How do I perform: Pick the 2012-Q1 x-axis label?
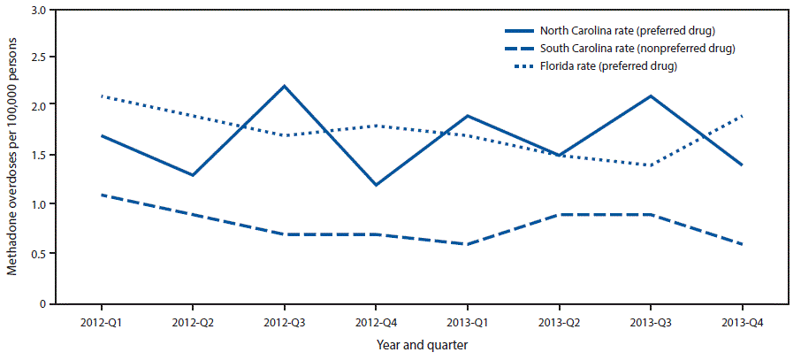[x=103, y=324]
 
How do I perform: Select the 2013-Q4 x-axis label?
[x=742, y=324]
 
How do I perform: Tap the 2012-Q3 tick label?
[x=285, y=324]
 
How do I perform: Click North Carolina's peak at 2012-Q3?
[x=285, y=86]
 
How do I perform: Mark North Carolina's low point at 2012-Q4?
[x=377, y=185]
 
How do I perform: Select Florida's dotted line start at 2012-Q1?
[x=103, y=96]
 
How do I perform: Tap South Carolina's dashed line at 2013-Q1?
[x=468, y=244]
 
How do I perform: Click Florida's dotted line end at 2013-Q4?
[x=742, y=116]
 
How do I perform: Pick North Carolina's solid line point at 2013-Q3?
[x=651, y=96]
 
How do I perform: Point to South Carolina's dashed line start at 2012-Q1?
[x=103, y=195]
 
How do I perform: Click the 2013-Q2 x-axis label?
[x=559, y=324]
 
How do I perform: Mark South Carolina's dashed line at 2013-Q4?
[x=742, y=244]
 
